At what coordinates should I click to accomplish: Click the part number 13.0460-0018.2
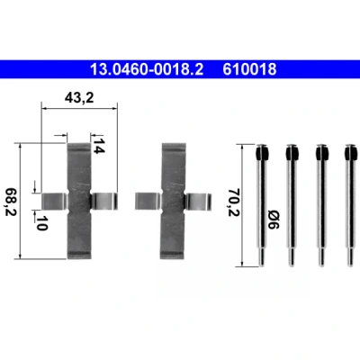tap(147, 69)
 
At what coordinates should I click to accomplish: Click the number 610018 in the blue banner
tap(249, 69)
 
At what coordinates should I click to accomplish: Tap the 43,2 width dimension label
tap(79, 97)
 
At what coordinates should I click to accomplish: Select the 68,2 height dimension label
tap(11, 202)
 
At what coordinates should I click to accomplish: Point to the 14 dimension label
tap(98, 146)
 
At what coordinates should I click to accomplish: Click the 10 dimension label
tap(41, 223)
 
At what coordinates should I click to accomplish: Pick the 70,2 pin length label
tap(234, 202)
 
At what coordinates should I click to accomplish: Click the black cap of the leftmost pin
tap(262, 153)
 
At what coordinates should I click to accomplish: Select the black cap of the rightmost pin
tap(351, 153)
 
